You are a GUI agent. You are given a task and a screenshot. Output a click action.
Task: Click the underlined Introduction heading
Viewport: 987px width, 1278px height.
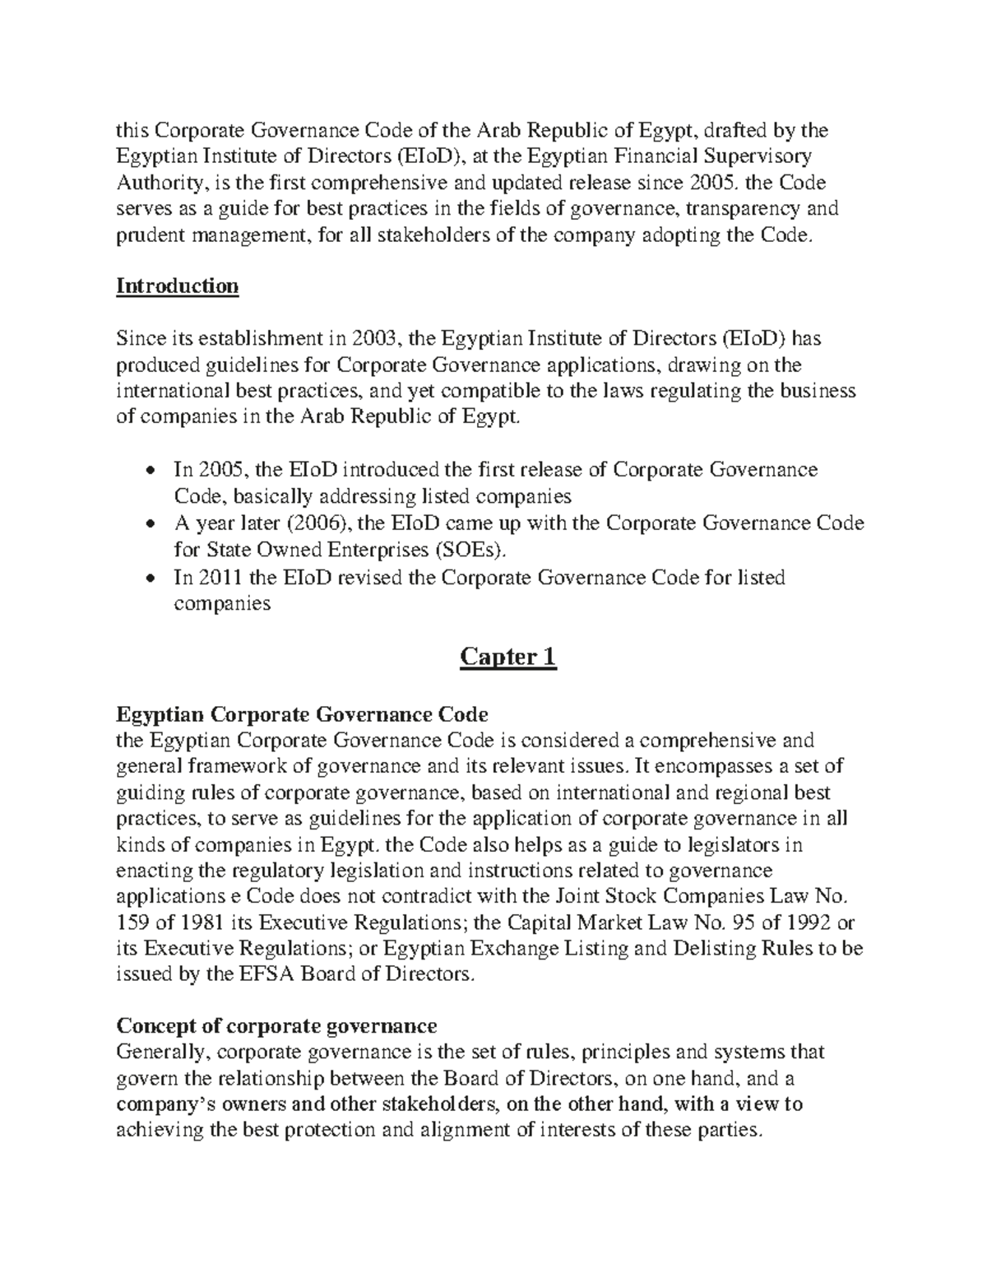[x=177, y=286]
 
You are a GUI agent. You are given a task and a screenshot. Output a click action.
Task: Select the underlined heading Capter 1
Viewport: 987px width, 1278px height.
[x=507, y=657]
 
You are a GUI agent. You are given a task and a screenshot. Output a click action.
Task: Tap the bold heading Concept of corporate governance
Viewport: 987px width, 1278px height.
[x=276, y=1025]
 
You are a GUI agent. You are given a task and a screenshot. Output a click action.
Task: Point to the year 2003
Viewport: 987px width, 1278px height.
[x=376, y=338]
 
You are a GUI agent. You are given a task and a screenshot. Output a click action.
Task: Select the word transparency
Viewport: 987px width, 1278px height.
[x=735, y=208]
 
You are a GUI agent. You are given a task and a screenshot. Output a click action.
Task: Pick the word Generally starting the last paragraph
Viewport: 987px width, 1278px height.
[x=163, y=1052]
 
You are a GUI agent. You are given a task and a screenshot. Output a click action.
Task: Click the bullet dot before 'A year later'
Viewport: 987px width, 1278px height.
[x=148, y=524]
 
